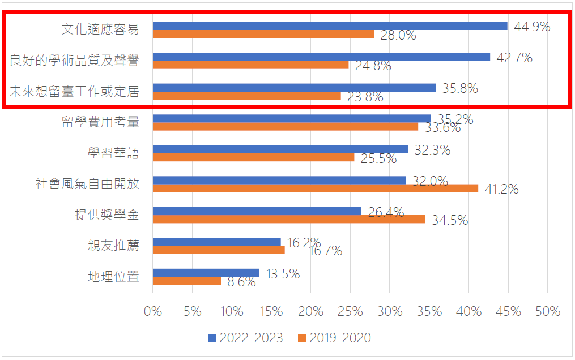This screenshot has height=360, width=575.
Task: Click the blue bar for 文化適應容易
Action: tap(330, 25)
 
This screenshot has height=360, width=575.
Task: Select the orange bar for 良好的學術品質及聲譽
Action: tap(250, 65)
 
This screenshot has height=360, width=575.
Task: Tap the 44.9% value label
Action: tap(531, 26)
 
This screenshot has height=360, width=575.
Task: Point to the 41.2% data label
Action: tap(501, 189)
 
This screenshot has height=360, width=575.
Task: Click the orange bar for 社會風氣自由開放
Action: tap(315, 188)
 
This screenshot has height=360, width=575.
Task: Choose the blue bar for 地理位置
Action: tap(206, 273)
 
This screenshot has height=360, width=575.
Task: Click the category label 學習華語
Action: tap(113, 153)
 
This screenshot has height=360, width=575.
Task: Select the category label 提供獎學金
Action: tap(107, 215)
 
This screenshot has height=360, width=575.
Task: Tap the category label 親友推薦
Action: tap(113, 246)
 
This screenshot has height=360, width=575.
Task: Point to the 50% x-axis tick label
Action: tap(547, 311)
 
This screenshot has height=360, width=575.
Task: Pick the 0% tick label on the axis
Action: tap(153, 311)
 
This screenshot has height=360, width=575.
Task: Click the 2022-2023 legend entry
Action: tap(245, 338)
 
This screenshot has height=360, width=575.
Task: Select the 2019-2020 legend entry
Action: tap(334, 338)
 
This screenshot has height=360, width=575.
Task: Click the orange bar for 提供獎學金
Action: tap(289, 219)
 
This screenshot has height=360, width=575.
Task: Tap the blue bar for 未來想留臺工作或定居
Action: tap(294, 88)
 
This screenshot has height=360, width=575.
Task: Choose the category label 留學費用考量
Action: tap(100, 122)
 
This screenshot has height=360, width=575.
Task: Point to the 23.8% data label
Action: tap(365, 97)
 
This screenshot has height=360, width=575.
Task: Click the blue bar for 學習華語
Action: tap(280, 149)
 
